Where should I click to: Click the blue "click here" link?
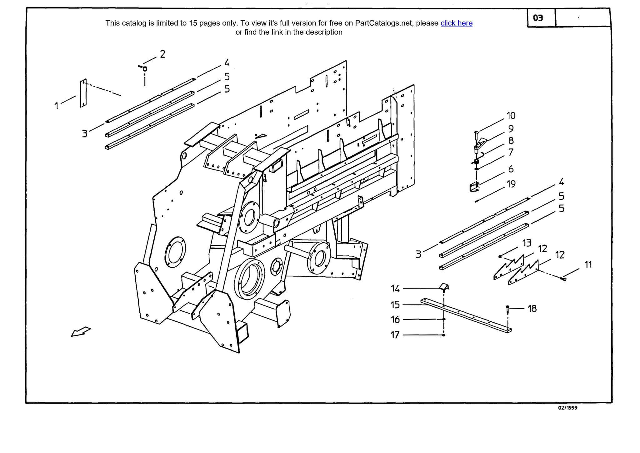[456, 23]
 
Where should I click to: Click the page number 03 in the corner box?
[538, 18]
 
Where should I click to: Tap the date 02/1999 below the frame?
[567, 408]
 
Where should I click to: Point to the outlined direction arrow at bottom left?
[81, 332]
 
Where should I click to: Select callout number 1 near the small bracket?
[57, 106]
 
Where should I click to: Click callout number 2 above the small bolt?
[162, 54]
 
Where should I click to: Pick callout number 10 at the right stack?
[511, 116]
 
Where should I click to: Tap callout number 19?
[511, 184]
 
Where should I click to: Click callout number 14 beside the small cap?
[395, 288]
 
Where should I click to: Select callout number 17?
[395, 335]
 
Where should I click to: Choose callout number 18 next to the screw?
[532, 309]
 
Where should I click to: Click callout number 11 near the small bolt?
[588, 265]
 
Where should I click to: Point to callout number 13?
[527, 243]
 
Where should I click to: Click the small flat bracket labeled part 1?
[83, 93]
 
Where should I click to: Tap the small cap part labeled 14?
[444, 287]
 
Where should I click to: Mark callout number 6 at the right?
[511, 169]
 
